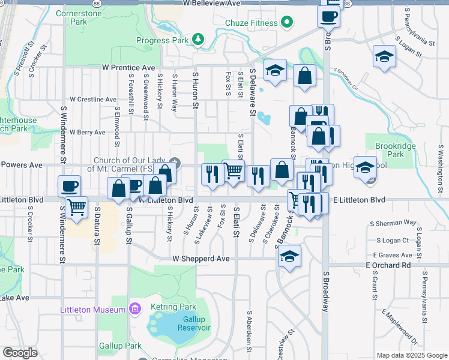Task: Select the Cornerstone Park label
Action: coord(79,17)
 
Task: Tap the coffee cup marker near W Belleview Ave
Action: coord(328,17)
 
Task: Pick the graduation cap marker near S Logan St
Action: coord(384,57)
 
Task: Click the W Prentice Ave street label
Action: coord(128,67)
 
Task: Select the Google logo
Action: coord(20,353)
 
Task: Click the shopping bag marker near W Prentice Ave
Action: coord(305,76)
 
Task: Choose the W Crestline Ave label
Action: coord(93,99)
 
